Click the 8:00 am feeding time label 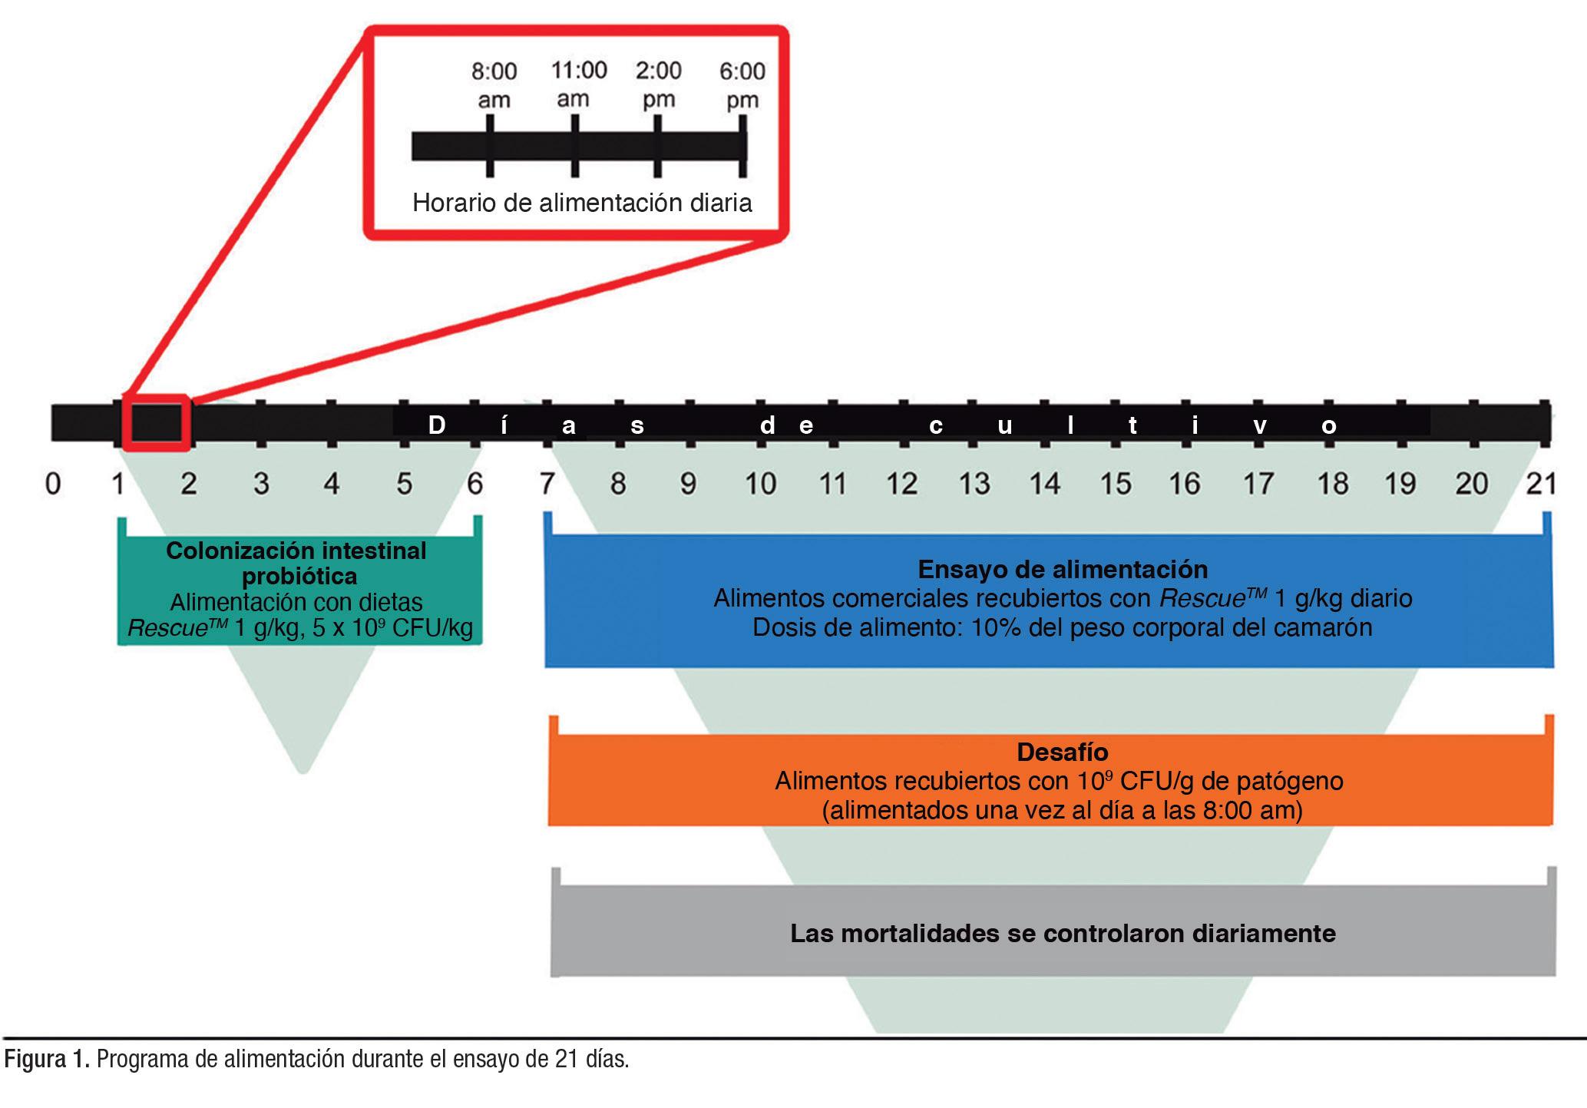click(x=494, y=85)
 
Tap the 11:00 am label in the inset click(x=578, y=84)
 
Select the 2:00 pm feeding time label click(x=658, y=84)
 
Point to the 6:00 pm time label click(x=742, y=85)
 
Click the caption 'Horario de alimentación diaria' click(x=582, y=203)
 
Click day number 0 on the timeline click(x=52, y=484)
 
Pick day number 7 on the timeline click(x=547, y=484)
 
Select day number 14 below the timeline click(x=1044, y=484)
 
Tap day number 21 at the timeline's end click(x=1541, y=484)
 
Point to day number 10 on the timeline click(x=760, y=484)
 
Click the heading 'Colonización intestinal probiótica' click(x=296, y=563)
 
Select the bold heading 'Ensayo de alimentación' click(x=1063, y=569)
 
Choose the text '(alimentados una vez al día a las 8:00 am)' click(x=1062, y=811)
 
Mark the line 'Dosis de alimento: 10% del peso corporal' click(x=1062, y=627)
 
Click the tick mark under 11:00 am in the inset click(x=575, y=146)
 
